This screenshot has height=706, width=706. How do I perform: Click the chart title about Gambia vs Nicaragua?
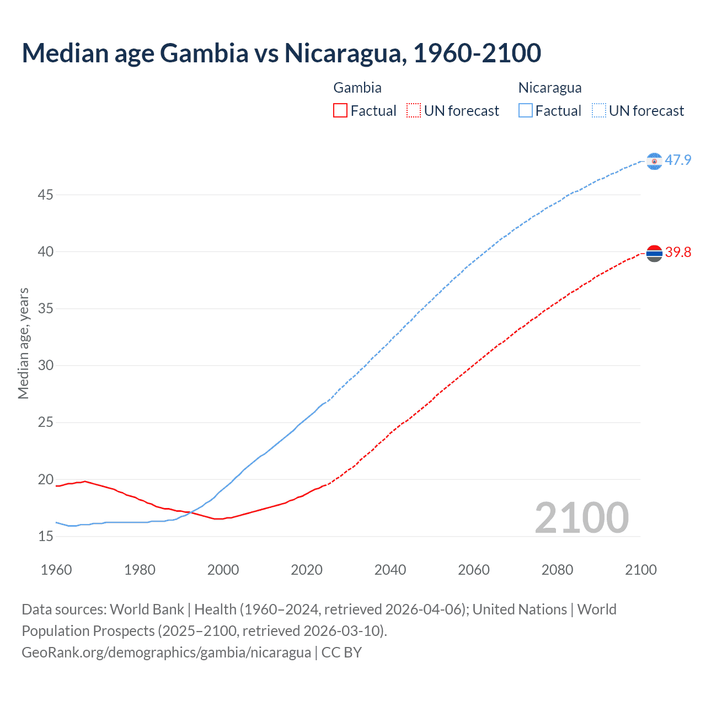click(x=281, y=53)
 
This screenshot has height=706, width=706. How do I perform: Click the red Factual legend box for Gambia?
click(x=340, y=111)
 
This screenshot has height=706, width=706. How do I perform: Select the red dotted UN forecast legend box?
click(x=413, y=111)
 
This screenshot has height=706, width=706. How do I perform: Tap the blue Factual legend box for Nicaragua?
click(x=526, y=111)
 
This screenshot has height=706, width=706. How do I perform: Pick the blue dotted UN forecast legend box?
click(x=598, y=111)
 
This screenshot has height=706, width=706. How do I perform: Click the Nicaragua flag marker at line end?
click(x=654, y=161)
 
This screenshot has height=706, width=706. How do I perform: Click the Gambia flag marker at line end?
click(x=654, y=253)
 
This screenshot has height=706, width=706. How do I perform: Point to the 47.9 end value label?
click(x=678, y=161)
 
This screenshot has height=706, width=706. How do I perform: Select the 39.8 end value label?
click(x=678, y=253)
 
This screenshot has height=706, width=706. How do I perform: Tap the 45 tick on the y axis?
click(x=46, y=195)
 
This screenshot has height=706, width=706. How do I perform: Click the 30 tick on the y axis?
click(x=46, y=366)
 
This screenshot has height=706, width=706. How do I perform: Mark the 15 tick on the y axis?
click(x=46, y=536)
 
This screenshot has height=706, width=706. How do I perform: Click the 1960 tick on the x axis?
click(x=56, y=570)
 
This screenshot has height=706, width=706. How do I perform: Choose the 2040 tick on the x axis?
click(x=390, y=570)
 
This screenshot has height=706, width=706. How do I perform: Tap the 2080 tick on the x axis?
click(x=557, y=570)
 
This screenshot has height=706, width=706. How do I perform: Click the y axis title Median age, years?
click(x=23, y=343)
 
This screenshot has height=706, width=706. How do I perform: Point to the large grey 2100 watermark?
click(x=581, y=517)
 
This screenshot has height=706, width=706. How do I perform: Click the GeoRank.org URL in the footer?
click(x=166, y=652)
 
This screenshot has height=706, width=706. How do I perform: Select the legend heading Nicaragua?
click(x=550, y=88)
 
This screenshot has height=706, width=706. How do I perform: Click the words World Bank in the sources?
click(x=147, y=609)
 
